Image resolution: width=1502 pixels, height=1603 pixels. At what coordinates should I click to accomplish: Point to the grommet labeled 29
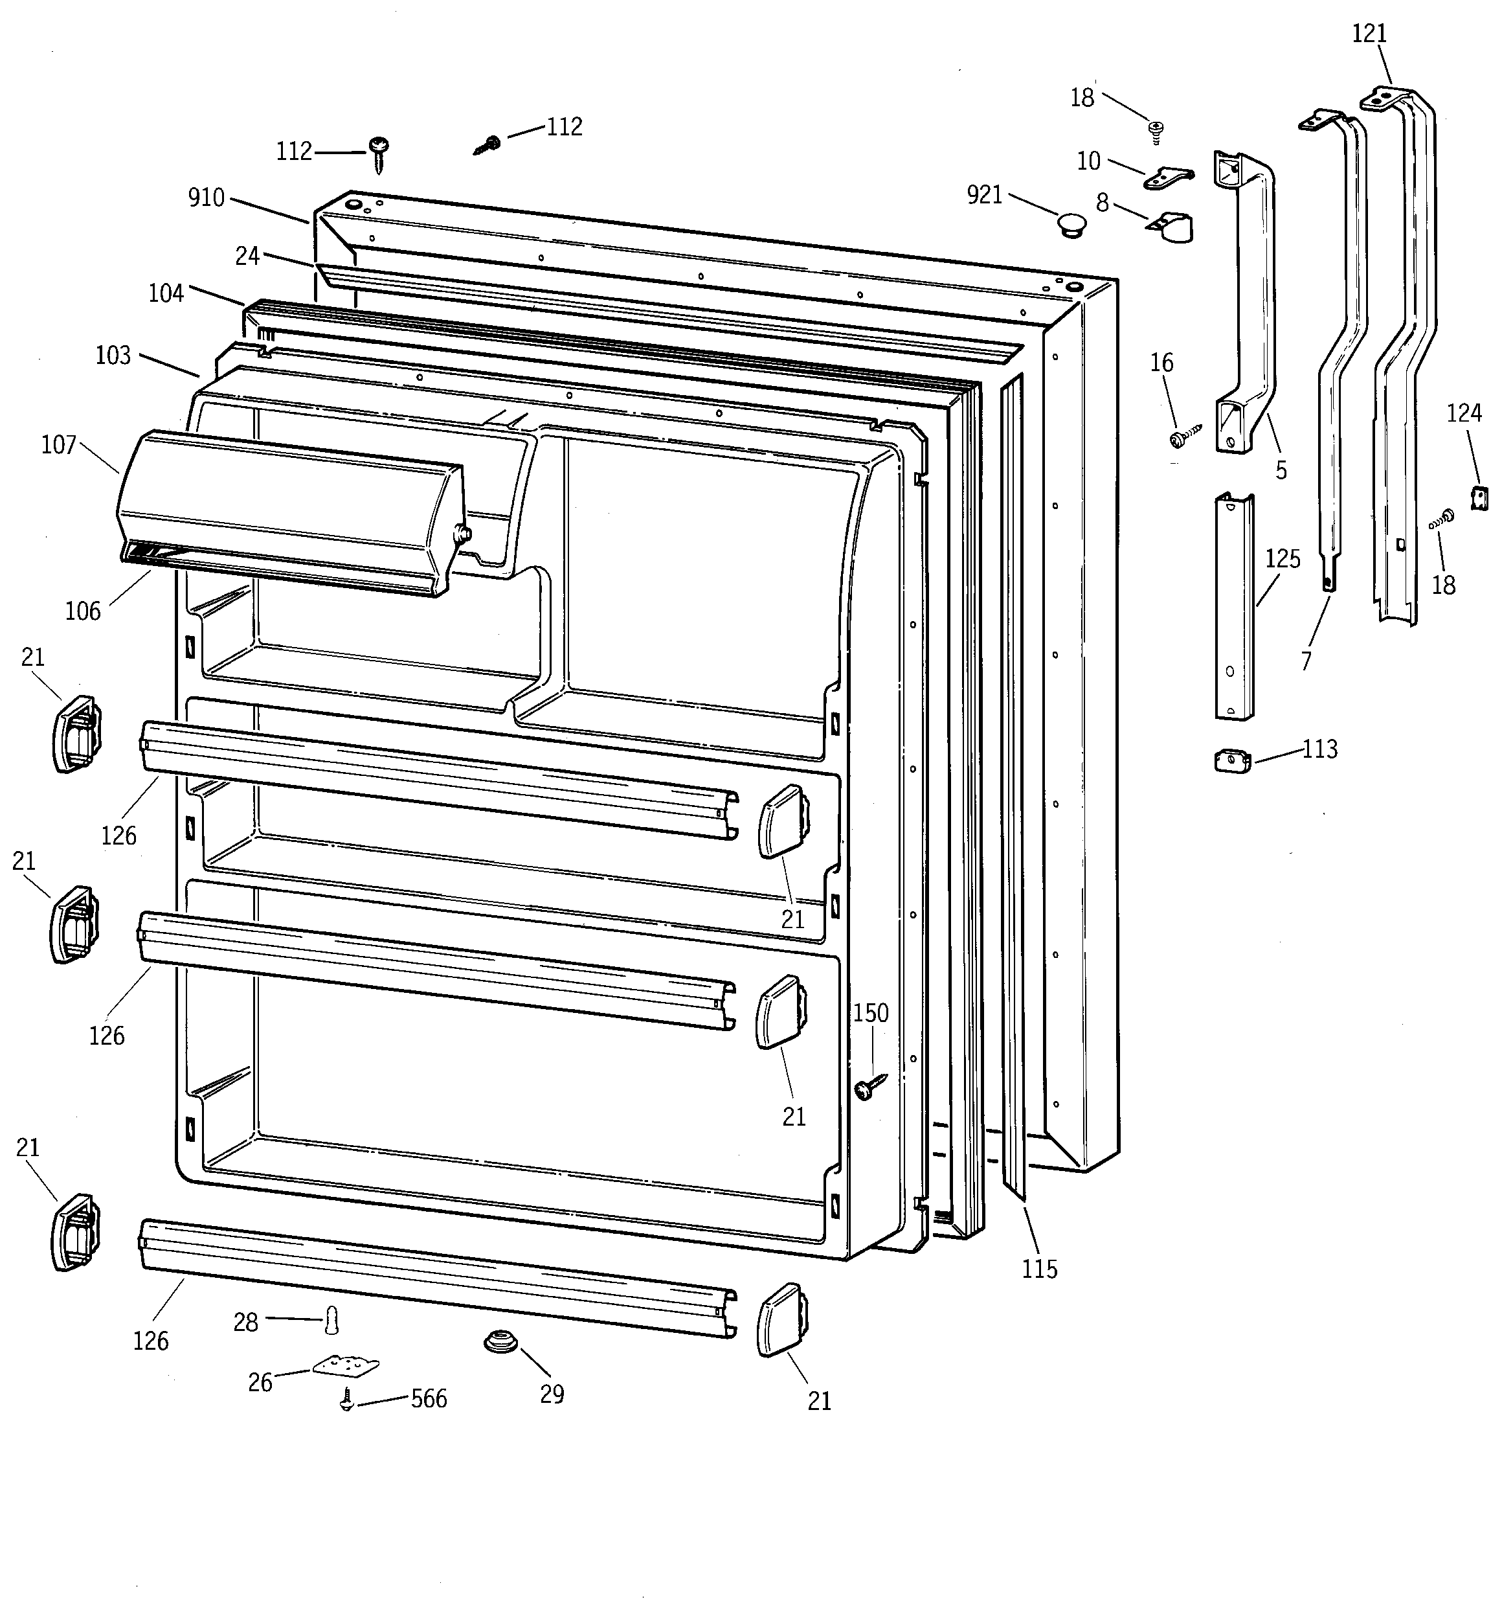[x=500, y=1342]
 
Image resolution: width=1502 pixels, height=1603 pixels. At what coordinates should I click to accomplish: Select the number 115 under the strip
[x=1039, y=1269]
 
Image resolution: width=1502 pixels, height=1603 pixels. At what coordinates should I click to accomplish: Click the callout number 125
[x=1282, y=559]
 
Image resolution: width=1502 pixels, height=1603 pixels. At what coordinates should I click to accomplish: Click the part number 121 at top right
[x=1369, y=33]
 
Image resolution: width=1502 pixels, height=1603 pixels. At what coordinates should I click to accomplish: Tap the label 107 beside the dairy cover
[x=59, y=444]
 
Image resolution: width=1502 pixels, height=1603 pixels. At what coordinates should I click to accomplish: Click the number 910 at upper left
[x=207, y=198]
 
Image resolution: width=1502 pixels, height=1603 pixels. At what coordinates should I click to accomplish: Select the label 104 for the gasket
[x=166, y=293]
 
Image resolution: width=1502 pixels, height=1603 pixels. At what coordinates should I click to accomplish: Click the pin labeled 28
[x=331, y=1321]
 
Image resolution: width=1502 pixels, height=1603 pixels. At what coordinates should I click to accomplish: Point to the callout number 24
[x=247, y=256]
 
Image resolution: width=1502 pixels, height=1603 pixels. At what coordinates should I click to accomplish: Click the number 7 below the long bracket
[x=1305, y=661]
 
